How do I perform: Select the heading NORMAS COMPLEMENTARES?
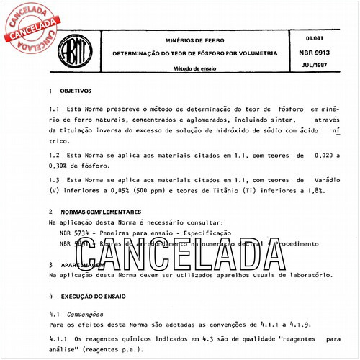pyautogui.click(x=102, y=213)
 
